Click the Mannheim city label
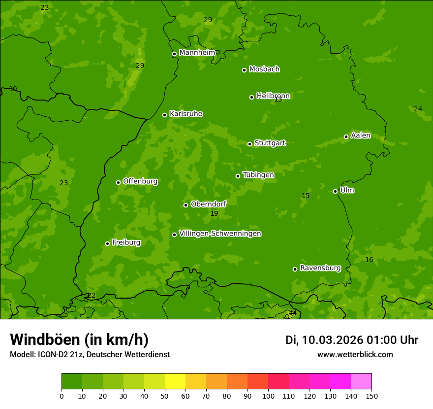(x=197, y=53)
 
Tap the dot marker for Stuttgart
(x=249, y=144)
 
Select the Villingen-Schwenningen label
(x=220, y=234)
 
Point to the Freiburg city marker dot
(x=107, y=243)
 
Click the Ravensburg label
(x=320, y=268)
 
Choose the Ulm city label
(x=347, y=190)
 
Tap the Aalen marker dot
(x=346, y=136)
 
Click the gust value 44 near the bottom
(x=293, y=313)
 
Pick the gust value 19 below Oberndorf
(x=214, y=213)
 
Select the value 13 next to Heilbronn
(x=278, y=100)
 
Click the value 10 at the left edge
(x=13, y=89)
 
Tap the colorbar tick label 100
(x=268, y=395)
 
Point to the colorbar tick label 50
(x=165, y=395)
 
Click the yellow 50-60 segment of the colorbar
(x=175, y=381)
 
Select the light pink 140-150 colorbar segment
(x=361, y=381)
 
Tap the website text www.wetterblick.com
(x=355, y=354)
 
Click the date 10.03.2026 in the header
(x=332, y=340)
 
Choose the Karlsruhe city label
(x=186, y=114)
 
